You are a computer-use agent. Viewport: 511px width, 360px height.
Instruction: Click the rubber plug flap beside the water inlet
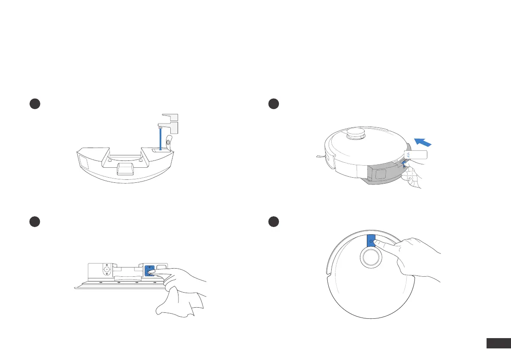click(169, 142)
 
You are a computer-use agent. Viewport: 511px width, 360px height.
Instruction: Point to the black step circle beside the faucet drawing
click(35, 104)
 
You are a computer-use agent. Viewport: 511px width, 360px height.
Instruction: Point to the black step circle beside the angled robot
click(274, 104)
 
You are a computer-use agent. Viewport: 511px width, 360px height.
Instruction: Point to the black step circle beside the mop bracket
click(35, 221)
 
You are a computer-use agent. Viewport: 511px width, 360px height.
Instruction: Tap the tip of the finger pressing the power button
click(375, 243)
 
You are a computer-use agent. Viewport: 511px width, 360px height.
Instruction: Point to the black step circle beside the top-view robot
click(274, 221)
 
